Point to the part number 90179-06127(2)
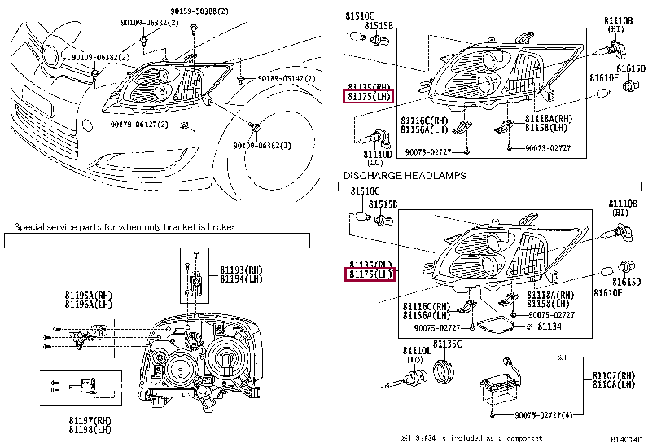138,125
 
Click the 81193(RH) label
243,270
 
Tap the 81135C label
447,344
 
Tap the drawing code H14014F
627,440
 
